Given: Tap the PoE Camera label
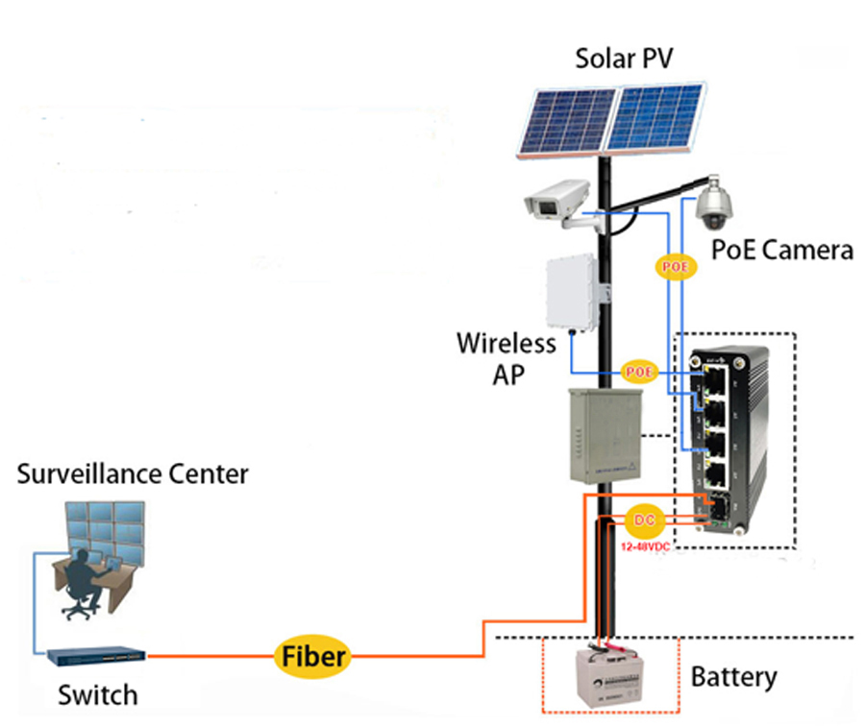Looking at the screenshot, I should (x=781, y=251).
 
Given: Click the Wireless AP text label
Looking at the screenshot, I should (x=506, y=357).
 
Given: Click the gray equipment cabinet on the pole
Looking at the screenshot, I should (x=603, y=435).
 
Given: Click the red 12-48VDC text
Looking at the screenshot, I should (x=645, y=545).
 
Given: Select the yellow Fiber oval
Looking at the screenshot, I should (x=312, y=657).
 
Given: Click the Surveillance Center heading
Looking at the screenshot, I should (x=133, y=473).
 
